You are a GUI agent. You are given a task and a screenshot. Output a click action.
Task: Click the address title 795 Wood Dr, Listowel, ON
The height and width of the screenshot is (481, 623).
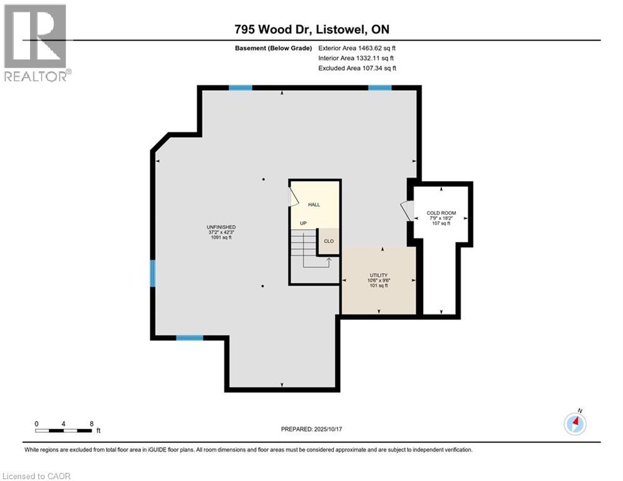coord(315,29)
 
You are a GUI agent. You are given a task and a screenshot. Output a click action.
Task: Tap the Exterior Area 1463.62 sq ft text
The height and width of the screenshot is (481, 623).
coord(357,48)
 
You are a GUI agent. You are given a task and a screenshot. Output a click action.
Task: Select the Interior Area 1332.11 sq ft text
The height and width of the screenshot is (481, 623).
coord(357,58)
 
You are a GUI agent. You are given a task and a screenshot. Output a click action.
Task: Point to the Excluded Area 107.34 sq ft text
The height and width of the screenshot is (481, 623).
coord(357,68)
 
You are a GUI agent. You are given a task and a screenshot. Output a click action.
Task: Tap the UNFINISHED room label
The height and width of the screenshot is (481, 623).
coord(221,227)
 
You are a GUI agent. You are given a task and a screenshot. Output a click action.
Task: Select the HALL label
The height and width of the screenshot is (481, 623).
coord(314,204)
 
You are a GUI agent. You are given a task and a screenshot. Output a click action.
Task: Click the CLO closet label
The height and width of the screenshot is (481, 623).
coord(328,240)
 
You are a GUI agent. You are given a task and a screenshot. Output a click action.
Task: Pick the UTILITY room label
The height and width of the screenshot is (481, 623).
coord(378,275)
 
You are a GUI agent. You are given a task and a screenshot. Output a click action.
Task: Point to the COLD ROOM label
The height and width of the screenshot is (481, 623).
coord(441,213)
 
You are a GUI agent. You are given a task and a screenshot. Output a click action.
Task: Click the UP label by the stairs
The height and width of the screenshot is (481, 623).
coord(303,223)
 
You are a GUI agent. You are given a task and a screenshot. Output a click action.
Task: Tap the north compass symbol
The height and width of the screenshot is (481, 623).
coord(574,424)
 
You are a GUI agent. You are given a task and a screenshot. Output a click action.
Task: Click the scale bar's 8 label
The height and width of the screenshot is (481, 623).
coord(92,423)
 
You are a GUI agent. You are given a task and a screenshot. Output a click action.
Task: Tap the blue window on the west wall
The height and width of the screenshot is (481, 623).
coord(153,274)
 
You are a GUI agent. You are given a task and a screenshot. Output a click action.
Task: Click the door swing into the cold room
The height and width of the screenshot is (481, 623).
coord(407,211)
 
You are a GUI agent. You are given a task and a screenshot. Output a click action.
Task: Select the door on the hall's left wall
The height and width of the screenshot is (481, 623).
coord(292,197)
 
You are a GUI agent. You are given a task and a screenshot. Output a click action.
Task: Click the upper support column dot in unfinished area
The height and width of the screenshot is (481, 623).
coord(264,179)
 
